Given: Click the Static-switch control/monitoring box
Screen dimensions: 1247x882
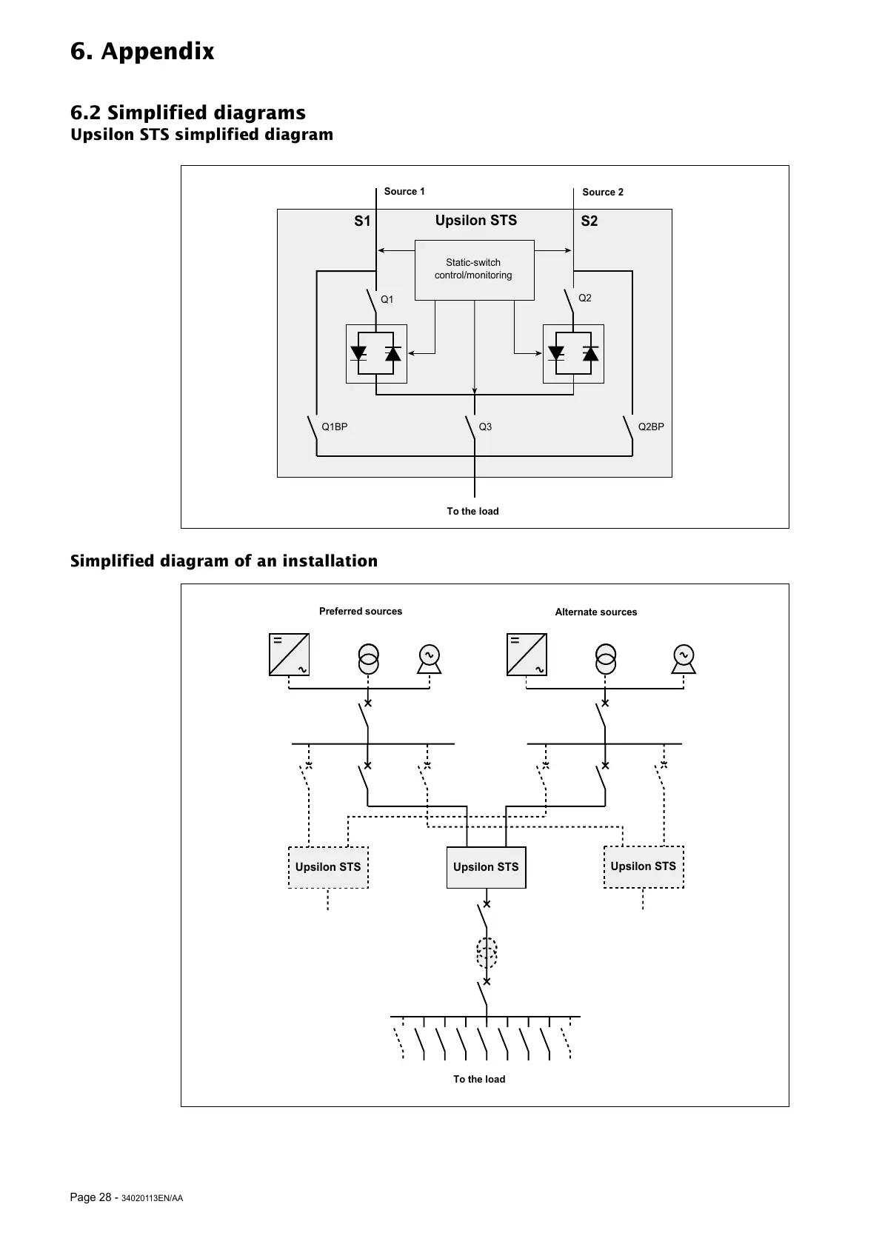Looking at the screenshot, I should point(474,270).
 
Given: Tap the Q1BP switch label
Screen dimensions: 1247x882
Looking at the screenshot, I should point(335,427).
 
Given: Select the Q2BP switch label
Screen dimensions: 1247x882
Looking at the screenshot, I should point(651,427).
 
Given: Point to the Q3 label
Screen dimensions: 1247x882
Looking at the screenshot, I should point(485,427).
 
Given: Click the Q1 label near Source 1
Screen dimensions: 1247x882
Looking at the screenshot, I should point(387,300).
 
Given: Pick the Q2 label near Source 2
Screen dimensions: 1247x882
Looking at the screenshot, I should point(585,298).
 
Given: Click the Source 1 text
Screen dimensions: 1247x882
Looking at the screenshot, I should point(404,192).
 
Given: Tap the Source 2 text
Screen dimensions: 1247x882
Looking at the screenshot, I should point(603,193).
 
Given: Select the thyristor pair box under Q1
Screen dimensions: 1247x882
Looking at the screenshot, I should point(376,354).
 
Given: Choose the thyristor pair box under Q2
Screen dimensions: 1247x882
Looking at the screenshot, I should point(573,354).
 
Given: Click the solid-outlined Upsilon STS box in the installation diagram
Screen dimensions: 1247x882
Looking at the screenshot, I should point(486,867).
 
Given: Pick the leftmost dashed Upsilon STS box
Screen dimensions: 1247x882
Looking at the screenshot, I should point(328,867).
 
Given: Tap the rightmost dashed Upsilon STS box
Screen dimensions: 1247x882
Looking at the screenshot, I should point(644,866).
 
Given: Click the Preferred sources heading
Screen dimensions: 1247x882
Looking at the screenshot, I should point(361,612).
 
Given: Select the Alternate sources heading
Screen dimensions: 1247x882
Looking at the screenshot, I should point(596,612).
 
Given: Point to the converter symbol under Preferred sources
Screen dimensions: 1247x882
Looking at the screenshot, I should point(289,655).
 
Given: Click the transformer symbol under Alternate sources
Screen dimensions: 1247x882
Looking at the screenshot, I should point(606,658).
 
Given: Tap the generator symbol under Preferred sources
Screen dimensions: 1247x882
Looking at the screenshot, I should point(429,658).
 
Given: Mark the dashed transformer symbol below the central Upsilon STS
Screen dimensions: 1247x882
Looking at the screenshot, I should point(487,953).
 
